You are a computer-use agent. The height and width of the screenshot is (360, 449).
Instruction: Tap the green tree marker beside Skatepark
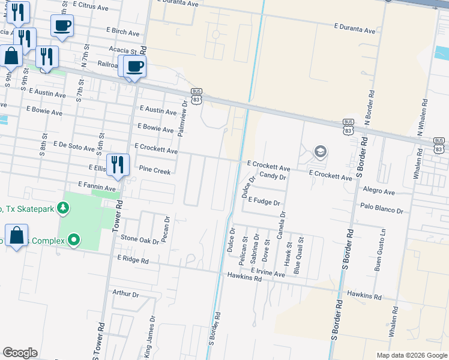(x=62, y=208)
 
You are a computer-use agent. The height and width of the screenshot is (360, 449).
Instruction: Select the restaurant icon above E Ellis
(x=118, y=164)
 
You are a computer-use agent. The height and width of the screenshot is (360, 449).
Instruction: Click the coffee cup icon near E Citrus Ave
(x=62, y=25)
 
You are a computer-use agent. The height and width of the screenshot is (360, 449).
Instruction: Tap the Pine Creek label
(x=155, y=170)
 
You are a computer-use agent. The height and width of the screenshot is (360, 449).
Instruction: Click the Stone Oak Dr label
(x=140, y=241)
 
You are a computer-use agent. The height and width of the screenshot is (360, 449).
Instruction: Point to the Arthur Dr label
(x=125, y=295)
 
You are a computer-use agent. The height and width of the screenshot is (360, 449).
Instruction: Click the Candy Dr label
(x=273, y=176)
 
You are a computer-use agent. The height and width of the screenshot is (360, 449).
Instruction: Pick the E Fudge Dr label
(x=264, y=202)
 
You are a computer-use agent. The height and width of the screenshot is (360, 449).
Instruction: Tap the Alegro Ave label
(x=379, y=192)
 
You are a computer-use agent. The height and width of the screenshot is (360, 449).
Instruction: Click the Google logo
(x=20, y=353)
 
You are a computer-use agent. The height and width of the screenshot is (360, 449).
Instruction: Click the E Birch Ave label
(x=122, y=34)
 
